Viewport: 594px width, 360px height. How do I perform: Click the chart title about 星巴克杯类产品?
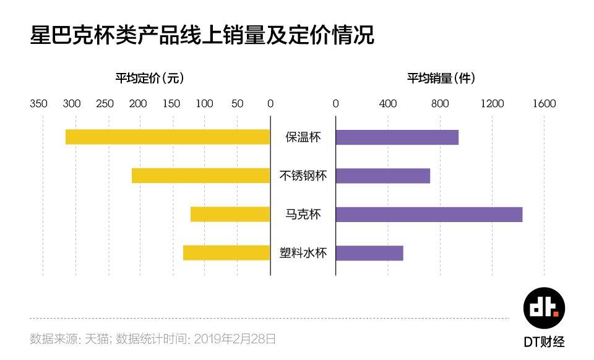(202, 35)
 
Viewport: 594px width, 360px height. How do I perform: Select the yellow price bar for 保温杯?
(168, 137)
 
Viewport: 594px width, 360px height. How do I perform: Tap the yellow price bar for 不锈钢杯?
(201, 176)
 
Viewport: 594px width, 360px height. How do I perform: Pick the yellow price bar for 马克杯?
(230, 214)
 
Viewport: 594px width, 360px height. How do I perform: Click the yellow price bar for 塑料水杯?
(226, 253)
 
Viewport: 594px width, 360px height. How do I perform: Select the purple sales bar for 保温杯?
(397, 137)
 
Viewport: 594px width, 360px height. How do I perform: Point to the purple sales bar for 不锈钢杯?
(382, 176)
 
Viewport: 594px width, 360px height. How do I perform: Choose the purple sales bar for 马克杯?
(429, 214)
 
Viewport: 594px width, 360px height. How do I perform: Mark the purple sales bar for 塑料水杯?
(369, 253)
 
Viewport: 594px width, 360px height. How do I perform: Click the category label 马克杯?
(303, 215)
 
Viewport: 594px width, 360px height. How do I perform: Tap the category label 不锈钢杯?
(303, 176)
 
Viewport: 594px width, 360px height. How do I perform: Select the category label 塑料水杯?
(303, 253)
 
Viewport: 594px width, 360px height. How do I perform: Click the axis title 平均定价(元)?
(150, 79)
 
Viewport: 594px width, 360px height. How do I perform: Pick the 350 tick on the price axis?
(38, 103)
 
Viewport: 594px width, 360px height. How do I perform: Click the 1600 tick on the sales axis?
(544, 103)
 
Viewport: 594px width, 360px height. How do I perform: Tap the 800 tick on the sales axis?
(440, 103)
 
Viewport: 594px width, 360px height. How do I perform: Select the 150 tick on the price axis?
(171, 103)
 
